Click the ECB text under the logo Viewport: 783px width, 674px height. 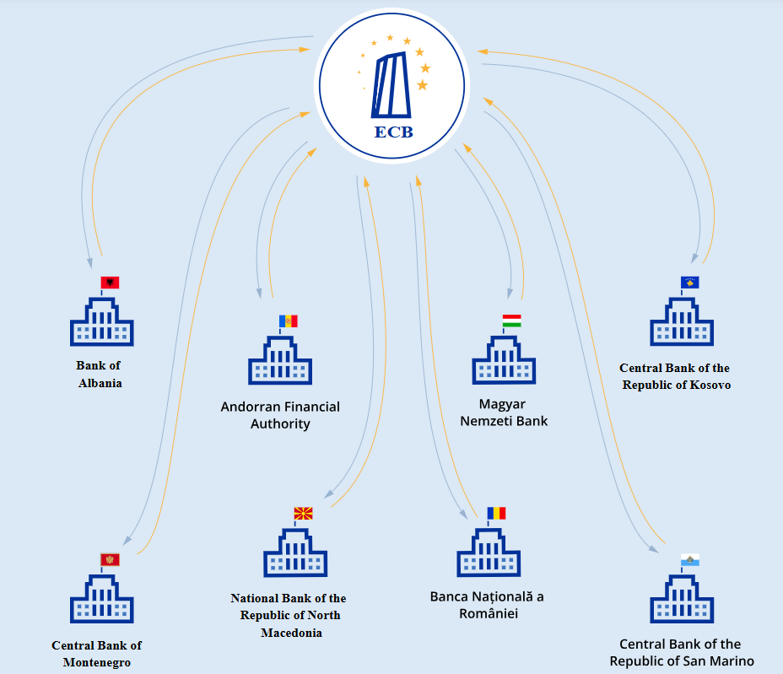click(393, 132)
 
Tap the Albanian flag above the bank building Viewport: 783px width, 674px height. click(110, 283)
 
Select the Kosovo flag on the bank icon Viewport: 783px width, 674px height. click(690, 283)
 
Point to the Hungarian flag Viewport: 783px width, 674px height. click(511, 321)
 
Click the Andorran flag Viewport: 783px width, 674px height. click(289, 321)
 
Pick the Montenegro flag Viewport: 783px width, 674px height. click(110, 559)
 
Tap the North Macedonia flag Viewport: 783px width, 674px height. click(303, 513)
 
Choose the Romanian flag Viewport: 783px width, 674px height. click(496, 513)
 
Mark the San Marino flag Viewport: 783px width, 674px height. click(690, 560)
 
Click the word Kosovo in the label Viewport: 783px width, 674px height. click(709, 385)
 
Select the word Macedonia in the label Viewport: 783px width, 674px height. click(291, 633)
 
